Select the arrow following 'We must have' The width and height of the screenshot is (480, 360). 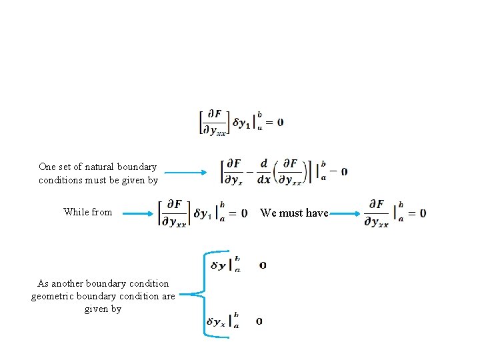pos(347,213)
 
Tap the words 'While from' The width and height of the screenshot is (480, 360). pos(88,212)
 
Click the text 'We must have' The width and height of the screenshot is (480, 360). pos(294,213)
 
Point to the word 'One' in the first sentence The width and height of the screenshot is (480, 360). pos(47,167)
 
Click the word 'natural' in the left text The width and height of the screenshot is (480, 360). pos(99,167)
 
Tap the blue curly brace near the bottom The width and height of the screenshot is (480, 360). pos(200,293)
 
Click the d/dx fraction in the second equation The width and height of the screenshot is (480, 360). pos(265,171)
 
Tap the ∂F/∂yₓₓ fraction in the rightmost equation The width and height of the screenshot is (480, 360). pos(377,213)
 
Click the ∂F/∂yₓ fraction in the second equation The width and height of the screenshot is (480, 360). pos(234,171)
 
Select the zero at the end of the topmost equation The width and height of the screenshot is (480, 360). pos(280,123)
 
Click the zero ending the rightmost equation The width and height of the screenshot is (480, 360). pos(423,213)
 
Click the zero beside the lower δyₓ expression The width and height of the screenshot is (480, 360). pos(259,321)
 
